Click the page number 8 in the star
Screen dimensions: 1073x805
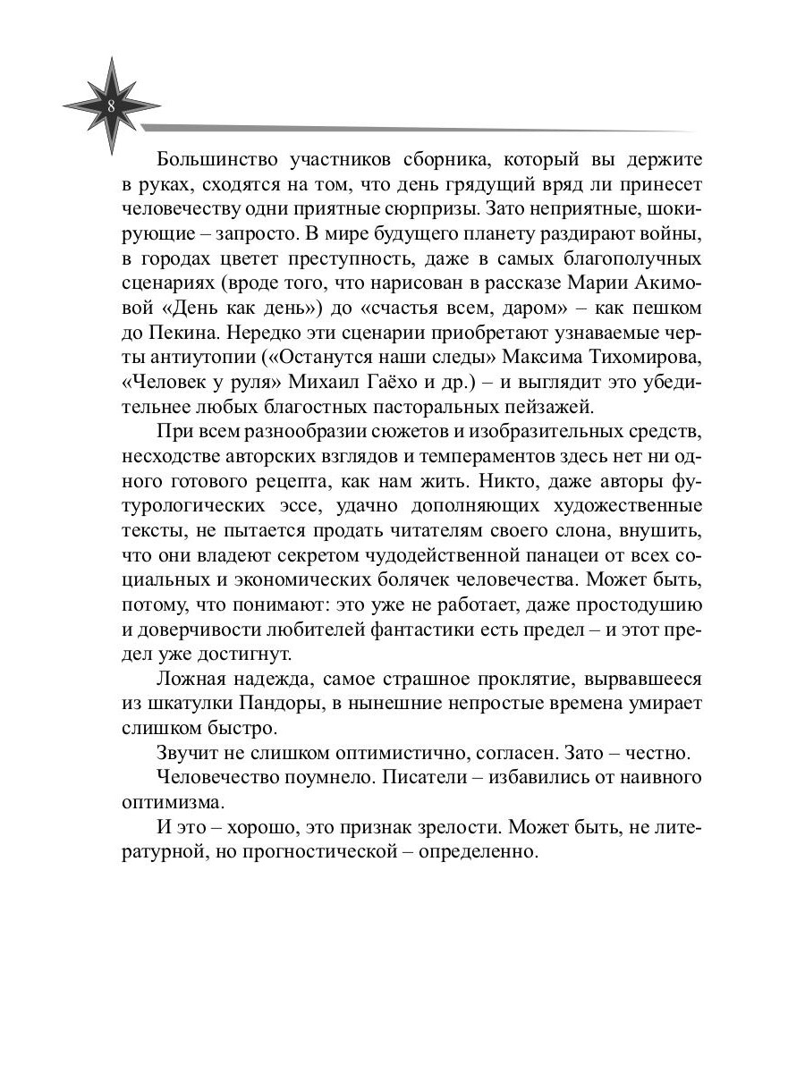[111, 106]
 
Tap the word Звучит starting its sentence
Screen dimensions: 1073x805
[186, 753]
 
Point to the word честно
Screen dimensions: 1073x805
[635, 753]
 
